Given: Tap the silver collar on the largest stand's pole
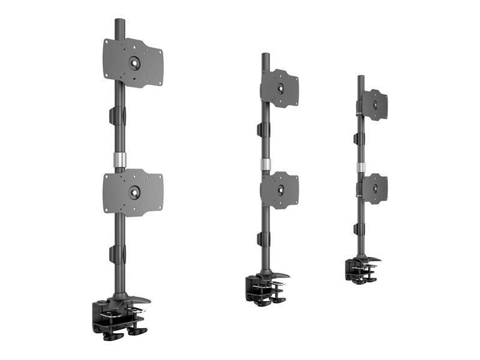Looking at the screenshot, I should point(119,160).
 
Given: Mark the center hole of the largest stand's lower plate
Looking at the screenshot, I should point(134,193).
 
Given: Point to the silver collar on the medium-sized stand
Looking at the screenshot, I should point(265,165).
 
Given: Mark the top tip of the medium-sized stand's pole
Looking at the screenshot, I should point(265,55).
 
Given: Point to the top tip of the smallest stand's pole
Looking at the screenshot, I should point(361,77).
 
